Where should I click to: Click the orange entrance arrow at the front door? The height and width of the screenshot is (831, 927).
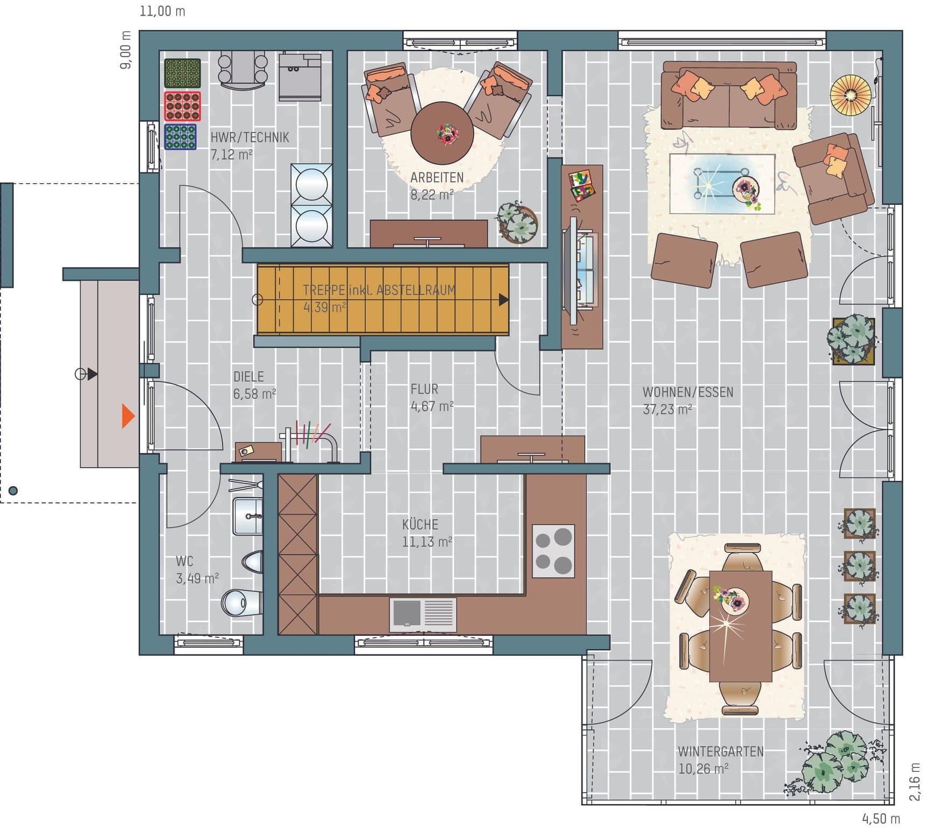point(128,416)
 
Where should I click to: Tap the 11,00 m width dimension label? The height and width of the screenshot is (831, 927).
point(162,11)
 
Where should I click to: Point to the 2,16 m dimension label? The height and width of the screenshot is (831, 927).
point(915,781)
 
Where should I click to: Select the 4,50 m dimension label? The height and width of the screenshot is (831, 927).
point(881,819)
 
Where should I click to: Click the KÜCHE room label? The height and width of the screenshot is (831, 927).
point(420,524)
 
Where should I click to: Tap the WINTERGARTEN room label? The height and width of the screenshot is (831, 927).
point(721,751)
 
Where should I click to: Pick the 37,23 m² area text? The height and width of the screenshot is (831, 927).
point(667,409)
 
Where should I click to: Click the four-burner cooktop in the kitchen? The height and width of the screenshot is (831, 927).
point(554,551)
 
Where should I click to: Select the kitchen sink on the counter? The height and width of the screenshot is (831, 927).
point(423,614)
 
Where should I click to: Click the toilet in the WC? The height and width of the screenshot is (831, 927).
point(242,603)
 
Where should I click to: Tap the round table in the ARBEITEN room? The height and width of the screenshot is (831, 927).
point(442,133)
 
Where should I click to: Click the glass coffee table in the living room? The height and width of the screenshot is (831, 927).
point(722,184)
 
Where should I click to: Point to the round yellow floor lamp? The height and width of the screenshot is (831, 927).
point(850,95)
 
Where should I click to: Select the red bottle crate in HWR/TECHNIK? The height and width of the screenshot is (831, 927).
point(182,106)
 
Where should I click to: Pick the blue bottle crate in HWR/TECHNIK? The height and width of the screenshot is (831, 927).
point(180,137)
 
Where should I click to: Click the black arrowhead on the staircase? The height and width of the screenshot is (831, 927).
point(503,300)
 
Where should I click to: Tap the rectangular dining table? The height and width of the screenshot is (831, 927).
point(741,626)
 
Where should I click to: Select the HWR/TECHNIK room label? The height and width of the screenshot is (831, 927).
point(250,137)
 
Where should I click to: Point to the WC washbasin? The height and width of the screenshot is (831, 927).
point(248,516)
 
